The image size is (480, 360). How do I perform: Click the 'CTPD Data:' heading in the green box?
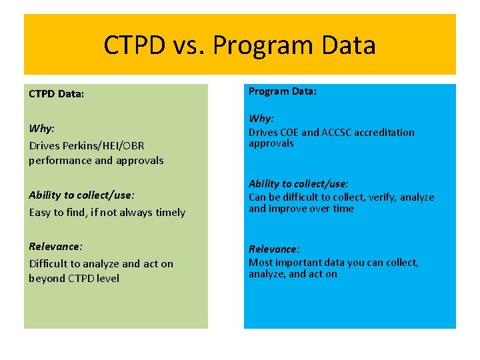(57, 94)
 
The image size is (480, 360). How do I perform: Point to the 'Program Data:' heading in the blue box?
(283, 91)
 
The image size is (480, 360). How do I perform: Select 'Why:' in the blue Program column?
(261, 119)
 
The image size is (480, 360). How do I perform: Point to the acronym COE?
(289, 133)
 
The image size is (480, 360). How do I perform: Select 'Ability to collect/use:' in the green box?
(81, 195)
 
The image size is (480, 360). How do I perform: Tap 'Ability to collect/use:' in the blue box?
(299, 183)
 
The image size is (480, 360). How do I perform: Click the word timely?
(171, 212)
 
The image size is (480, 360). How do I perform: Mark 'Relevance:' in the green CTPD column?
(56, 247)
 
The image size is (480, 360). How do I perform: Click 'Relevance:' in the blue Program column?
(275, 249)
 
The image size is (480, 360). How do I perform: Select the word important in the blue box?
(298, 263)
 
